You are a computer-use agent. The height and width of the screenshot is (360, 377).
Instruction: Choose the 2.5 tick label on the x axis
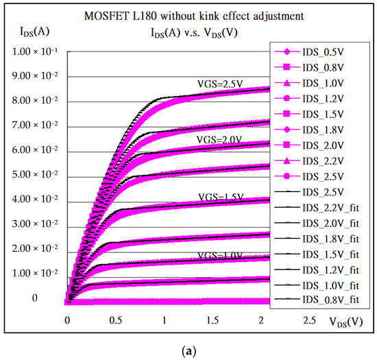coord(311,320)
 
